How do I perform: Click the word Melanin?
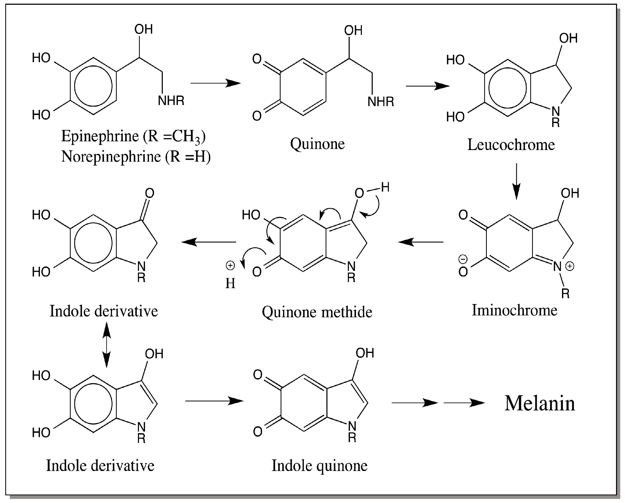[539, 403]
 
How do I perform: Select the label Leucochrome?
[511, 145]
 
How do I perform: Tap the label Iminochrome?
[514, 310]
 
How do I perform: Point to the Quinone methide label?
[317, 312]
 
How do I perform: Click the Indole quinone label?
[319, 466]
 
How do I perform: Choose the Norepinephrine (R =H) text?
[136, 157]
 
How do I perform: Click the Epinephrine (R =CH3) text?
[133, 136]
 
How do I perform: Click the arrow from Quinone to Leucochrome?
[428, 86]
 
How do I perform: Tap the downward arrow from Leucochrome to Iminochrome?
[516, 181]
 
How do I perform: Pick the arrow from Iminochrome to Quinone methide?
[421, 242]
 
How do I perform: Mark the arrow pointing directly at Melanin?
[464, 403]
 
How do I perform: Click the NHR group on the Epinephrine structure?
[171, 101]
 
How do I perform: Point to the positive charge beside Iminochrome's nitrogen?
[570, 266]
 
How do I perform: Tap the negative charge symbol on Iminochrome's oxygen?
[463, 259]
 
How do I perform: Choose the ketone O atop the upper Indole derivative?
[150, 193]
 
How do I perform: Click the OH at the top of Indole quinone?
[365, 353]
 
